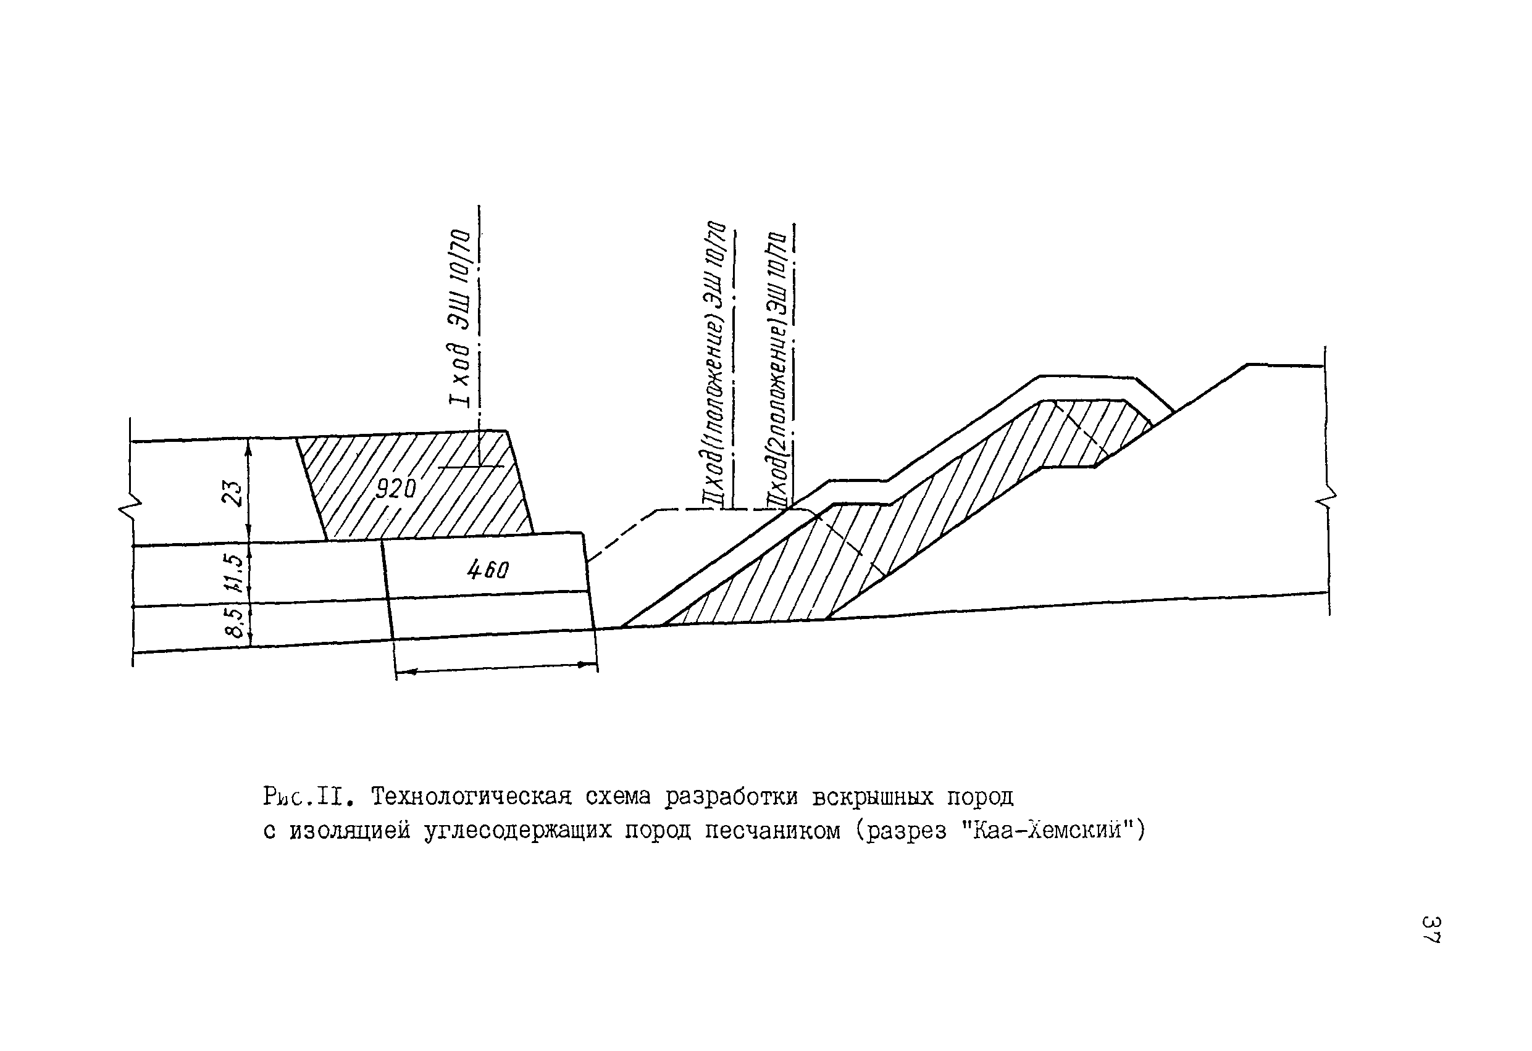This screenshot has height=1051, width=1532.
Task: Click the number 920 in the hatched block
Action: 396,488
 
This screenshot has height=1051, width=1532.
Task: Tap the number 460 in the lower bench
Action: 488,570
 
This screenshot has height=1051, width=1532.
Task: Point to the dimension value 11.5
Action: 234,572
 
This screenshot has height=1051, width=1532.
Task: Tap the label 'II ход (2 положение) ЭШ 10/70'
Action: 777,370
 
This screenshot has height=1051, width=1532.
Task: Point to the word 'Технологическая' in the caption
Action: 471,797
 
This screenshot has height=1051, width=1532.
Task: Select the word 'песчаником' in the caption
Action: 772,831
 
